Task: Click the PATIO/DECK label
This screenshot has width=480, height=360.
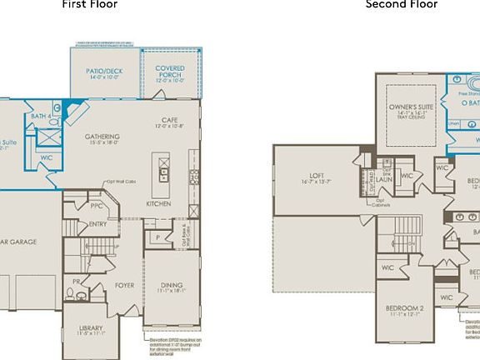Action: click(104, 72)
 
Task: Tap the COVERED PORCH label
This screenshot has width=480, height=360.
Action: click(170, 72)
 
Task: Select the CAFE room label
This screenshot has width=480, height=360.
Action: click(169, 121)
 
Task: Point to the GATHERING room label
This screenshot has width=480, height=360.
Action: click(102, 137)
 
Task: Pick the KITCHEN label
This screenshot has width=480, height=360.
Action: click(159, 203)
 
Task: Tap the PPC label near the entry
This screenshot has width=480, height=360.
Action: click(97, 206)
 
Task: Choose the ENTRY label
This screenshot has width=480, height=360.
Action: click(97, 224)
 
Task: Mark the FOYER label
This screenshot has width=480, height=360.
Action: click(124, 285)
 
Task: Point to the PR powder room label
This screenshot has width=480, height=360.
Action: click(76, 282)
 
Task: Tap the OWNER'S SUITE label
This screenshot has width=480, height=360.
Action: click(414, 108)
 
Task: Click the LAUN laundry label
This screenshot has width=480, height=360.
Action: click(384, 179)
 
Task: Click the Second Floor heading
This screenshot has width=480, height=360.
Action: click(402, 4)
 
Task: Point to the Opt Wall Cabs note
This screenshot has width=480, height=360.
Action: click(122, 181)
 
